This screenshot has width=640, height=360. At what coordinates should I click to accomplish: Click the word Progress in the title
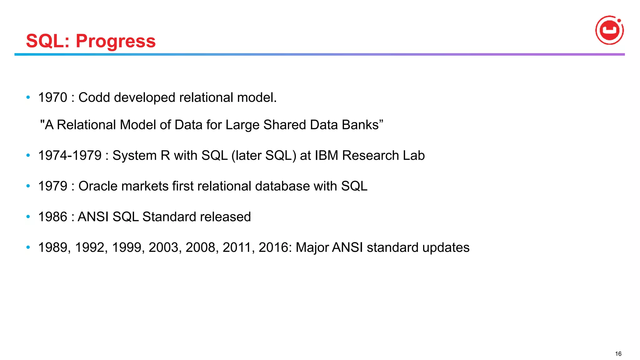pos(116,41)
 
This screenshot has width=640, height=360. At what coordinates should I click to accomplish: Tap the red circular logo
pos(609,30)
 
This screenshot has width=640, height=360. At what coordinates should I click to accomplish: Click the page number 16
pos(618,354)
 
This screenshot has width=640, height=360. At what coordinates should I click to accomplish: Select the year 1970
pos(52,97)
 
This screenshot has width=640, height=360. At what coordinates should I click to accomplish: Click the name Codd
pos(94,97)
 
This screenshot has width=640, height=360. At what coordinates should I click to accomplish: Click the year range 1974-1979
pos(70,156)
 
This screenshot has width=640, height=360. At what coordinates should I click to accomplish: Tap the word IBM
pos(326,156)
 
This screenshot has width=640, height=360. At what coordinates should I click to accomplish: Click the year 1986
pos(52,217)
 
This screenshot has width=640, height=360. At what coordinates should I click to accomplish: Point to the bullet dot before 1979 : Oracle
pos(28,186)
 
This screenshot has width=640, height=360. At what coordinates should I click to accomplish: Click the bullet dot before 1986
pos(28,217)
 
